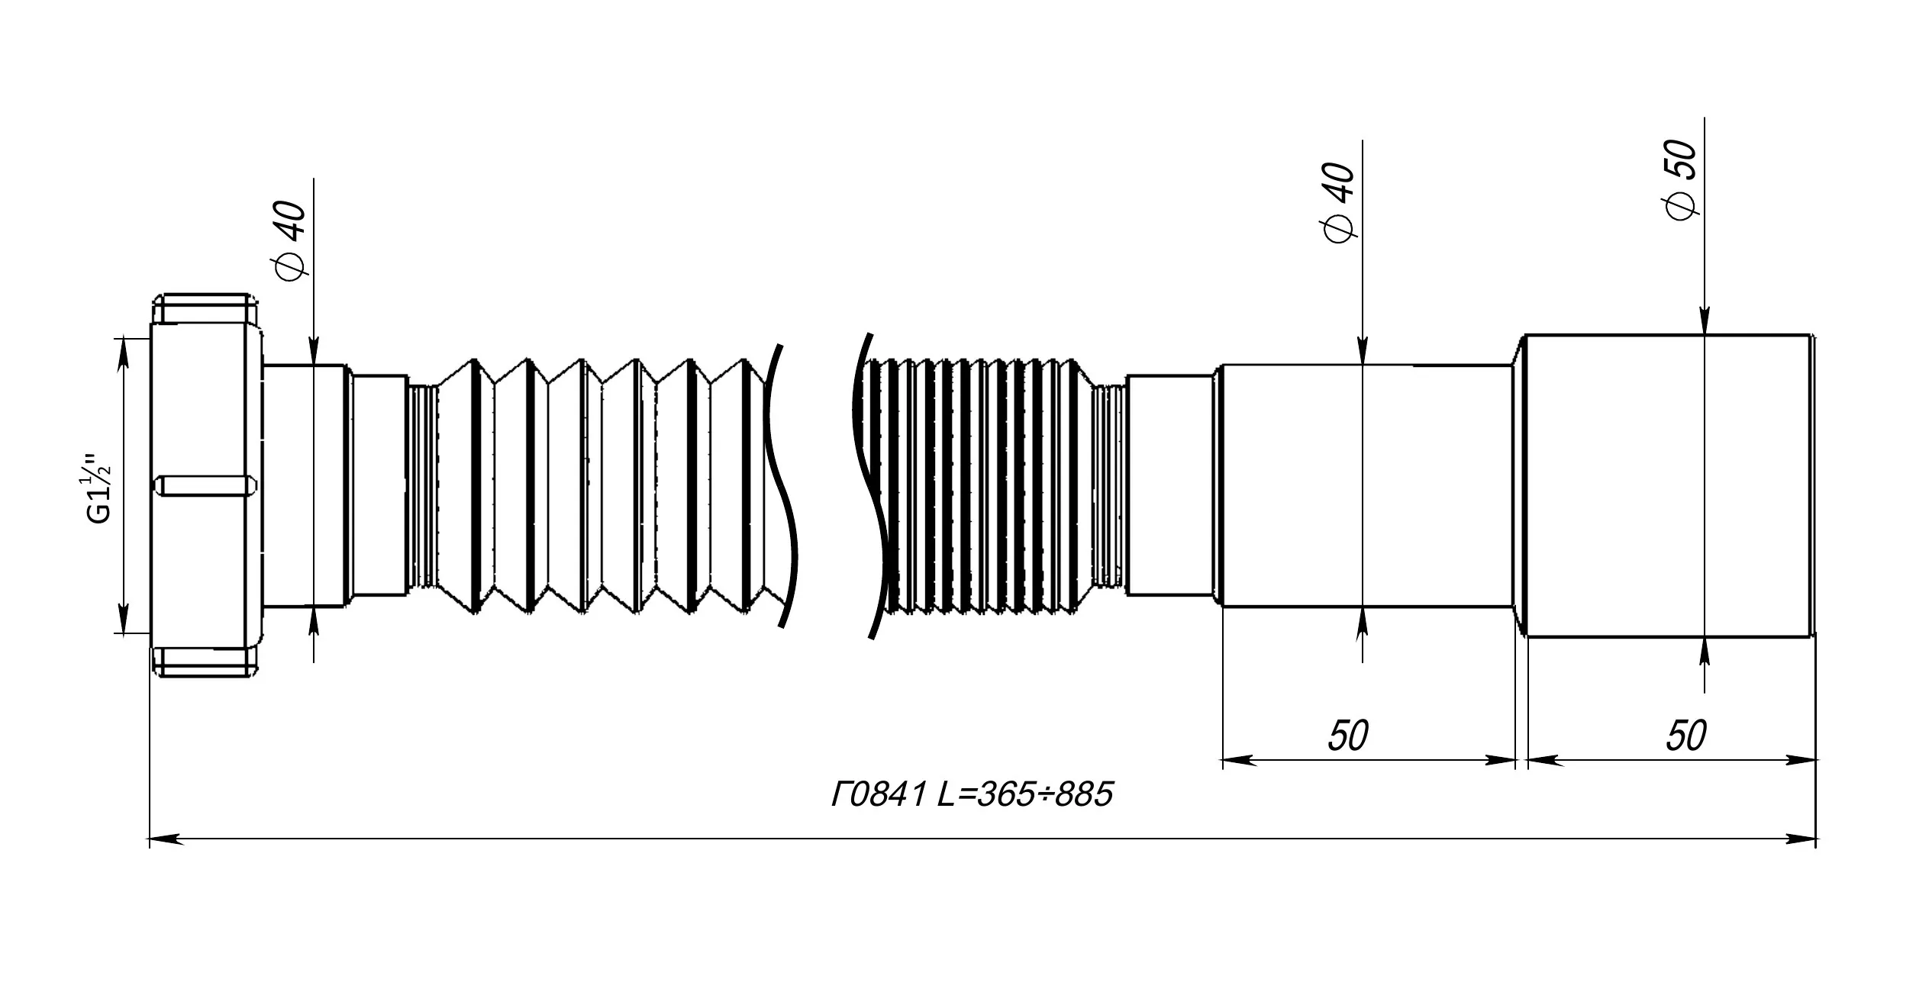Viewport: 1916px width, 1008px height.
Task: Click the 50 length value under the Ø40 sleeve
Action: (x=1348, y=736)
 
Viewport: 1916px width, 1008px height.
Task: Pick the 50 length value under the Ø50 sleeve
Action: (x=1685, y=736)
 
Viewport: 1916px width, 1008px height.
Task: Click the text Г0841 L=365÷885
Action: (x=972, y=795)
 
